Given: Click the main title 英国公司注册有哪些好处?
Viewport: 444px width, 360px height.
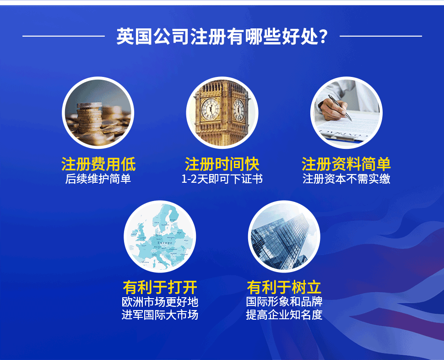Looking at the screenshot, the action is click(222, 36).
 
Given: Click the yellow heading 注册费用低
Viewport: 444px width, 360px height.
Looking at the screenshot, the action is click(98, 164).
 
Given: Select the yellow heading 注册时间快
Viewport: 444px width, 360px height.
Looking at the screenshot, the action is click(222, 164).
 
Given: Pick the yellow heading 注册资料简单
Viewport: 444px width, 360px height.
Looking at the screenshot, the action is click(346, 164).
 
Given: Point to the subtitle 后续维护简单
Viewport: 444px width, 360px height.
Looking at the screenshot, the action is click(98, 179).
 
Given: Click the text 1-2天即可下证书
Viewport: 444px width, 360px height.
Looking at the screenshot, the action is click(222, 179).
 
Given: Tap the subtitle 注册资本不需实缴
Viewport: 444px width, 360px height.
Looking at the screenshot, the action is click(347, 179).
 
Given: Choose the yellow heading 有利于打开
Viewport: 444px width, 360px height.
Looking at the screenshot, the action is click(160, 287).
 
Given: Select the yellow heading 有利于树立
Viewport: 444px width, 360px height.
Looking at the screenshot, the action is click(284, 287).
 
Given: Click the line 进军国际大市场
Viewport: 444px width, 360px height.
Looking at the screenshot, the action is click(160, 315).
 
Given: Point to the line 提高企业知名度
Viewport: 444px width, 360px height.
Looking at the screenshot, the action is click(284, 315).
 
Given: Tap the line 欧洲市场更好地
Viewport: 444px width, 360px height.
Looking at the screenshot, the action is click(160, 302).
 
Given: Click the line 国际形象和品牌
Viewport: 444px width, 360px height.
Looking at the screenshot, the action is click(284, 301).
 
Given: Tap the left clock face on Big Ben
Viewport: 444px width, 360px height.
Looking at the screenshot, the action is click(211, 109).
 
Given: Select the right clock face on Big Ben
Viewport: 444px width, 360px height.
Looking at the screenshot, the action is click(238, 109).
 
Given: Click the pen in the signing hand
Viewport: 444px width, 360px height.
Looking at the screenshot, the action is click(340, 108).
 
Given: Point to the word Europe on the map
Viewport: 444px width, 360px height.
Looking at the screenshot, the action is click(165, 243).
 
